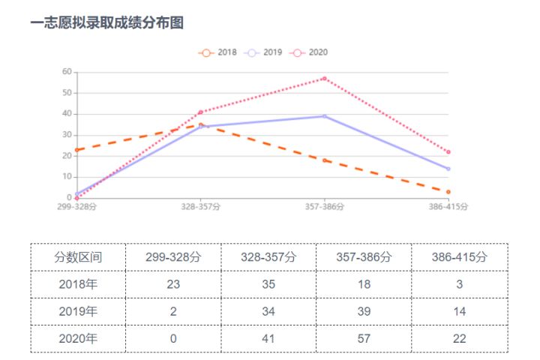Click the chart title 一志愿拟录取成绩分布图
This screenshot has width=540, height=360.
point(106,23)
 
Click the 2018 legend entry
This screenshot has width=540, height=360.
point(218,52)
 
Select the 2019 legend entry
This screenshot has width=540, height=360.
point(263,52)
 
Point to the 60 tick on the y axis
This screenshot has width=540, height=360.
point(67,72)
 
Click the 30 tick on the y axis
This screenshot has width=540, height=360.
point(67,135)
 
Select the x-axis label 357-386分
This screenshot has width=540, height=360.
point(324,207)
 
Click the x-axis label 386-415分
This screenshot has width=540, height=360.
point(448,207)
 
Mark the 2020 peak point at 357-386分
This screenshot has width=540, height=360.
point(324,78)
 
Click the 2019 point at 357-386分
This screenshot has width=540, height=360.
point(324,116)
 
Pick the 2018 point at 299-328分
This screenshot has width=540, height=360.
point(76,150)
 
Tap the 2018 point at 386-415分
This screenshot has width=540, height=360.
point(448,192)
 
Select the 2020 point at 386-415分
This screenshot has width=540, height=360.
point(448,152)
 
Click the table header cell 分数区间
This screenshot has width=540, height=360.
point(78,256)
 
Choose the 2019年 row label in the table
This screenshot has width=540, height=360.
point(78,311)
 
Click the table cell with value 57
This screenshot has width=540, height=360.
point(364,338)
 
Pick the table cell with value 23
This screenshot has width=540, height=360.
point(173,284)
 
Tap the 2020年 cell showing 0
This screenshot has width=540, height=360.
point(173,338)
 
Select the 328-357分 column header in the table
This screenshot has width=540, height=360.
point(268,256)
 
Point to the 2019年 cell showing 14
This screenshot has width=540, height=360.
point(459,311)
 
